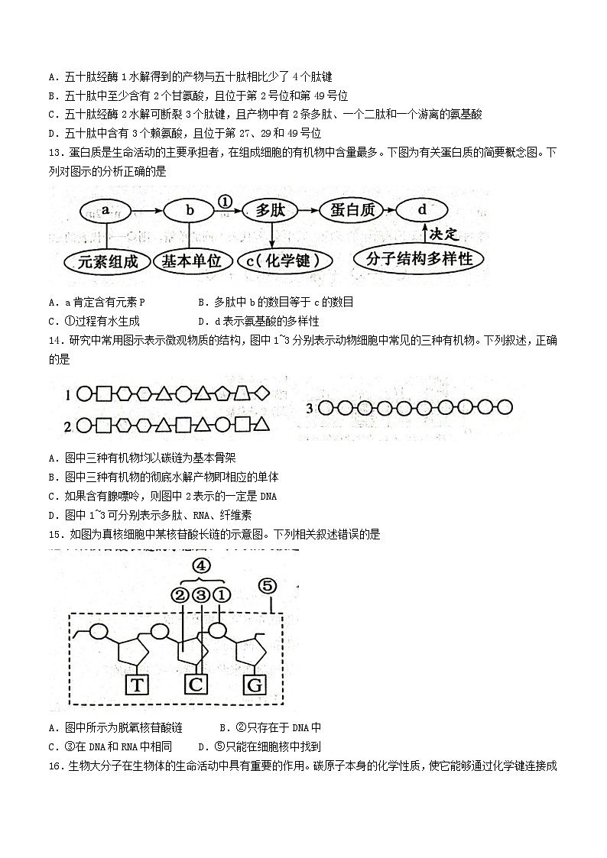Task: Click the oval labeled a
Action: coord(106,209)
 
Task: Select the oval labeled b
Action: coord(191,210)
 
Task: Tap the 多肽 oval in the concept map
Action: coord(270,210)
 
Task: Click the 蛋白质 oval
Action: coord(352,210)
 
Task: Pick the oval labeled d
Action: coord(422,210)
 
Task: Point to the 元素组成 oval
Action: coord(108,261)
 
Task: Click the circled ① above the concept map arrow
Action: coord(225,202)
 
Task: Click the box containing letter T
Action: coord(137,684)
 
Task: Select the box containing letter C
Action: coord(196,684)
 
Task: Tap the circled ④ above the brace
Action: coord(200,566)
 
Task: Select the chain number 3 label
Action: coord(310,408)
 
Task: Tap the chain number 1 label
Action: coord(68,395)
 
